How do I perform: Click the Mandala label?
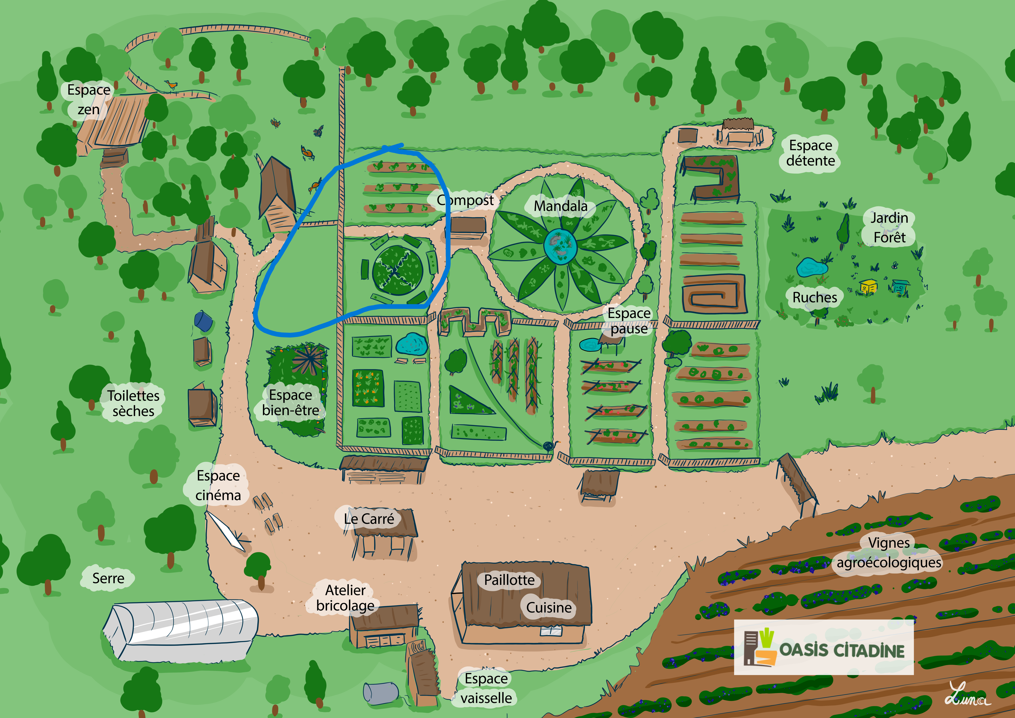pyautogui.click(x=561, y=206)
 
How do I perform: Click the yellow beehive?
pyautogui.click(x=868, y=287)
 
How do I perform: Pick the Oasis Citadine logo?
pyautogui.click(x=824, y=647)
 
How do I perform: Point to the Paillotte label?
pyautogui.click(x=509, y=580)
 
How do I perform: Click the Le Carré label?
pyautogui.click(x=369, y=519)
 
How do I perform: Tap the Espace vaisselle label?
pyautogui.click(x=486, y=688)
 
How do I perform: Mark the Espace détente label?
pyautogui.click(x=810, y=153)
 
